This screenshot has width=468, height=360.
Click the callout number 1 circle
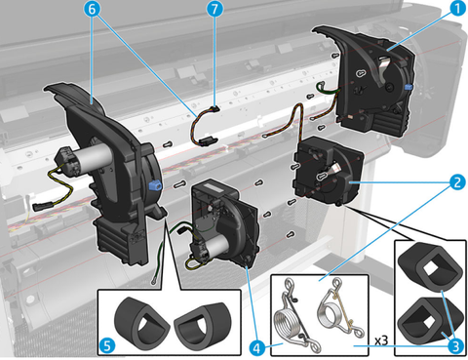458,8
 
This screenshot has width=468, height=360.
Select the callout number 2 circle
458,182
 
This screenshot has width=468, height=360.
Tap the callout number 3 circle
455,346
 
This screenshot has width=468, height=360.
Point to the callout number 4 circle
256,348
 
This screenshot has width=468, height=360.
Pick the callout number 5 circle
107,345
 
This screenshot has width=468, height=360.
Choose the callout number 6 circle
92,9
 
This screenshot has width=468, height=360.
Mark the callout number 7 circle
214,9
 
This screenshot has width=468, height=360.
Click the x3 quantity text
381,340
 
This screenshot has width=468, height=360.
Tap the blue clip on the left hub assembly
155,186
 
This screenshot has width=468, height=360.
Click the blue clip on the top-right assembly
409,87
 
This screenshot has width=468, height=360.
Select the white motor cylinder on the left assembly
96,154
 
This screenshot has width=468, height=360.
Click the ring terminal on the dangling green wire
154,281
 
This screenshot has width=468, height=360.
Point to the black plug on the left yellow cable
42,206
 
